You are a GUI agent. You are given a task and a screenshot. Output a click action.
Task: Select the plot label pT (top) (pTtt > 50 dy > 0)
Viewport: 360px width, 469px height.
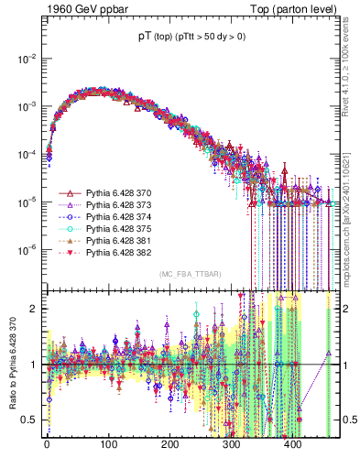pos(192,37)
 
